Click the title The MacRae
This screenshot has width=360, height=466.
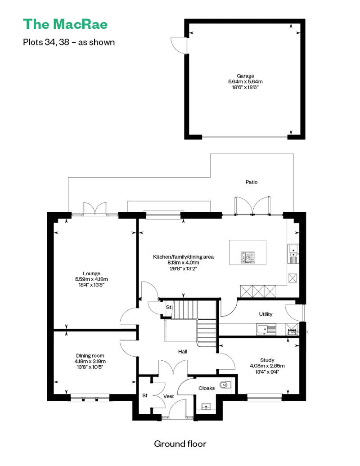(x=65, y=24)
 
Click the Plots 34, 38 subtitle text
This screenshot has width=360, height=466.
(x=69, y=42)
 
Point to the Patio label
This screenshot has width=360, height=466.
(x=251, y=182)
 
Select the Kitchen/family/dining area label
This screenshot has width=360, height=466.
(x=183, y=257)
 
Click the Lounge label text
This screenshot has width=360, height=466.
(x=91, y=273)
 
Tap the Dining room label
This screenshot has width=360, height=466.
(x=90, y=355)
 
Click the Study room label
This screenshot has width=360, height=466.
(x=267, y=360)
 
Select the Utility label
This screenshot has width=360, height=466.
(x=265, y=314)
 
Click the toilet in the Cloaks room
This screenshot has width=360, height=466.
(x=225, y=385)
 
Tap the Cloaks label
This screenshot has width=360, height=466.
(x=206, y=388)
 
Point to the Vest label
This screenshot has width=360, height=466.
(x=168, y=396)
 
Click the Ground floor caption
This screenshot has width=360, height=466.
(x=180, y=444)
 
